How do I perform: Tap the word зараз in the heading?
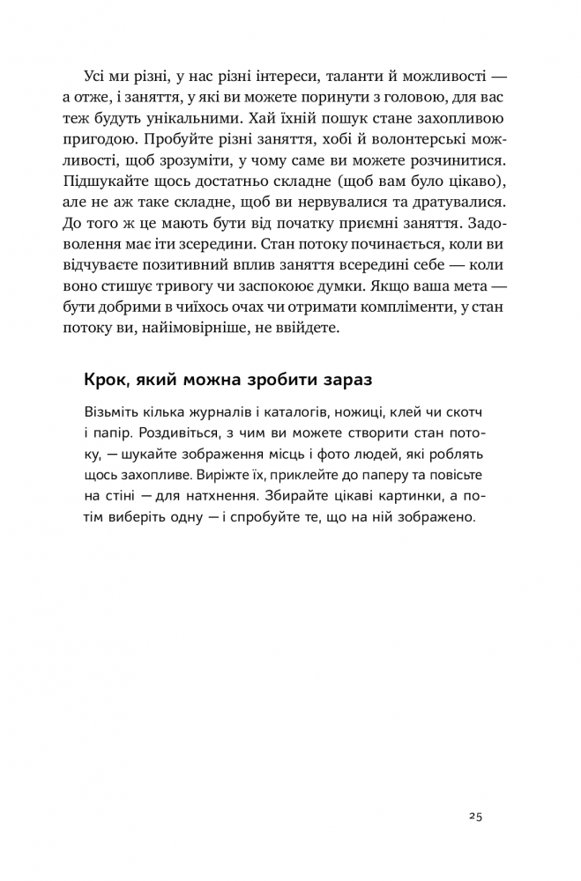pyautogui.click(x=342, y=381)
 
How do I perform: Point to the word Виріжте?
pyautogui.click(x=230, y=476)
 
